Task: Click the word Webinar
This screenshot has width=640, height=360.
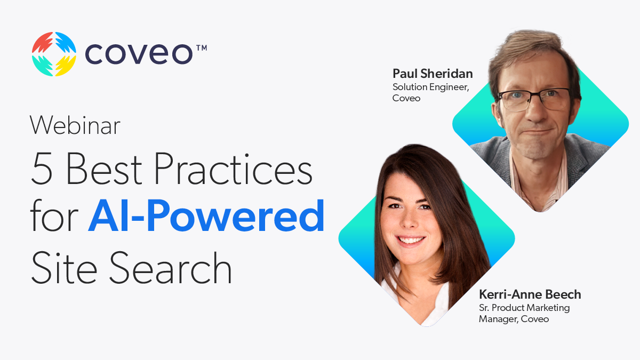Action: [75, 125]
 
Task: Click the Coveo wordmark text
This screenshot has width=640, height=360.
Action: [139, 54]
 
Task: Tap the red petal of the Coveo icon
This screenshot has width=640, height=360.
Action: [42, 42]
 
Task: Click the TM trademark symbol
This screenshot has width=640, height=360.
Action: [202, 48]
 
